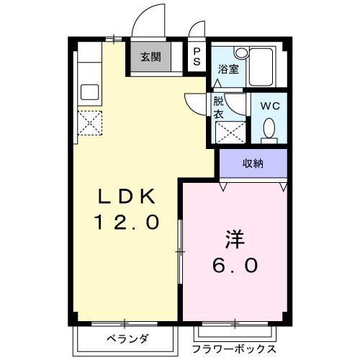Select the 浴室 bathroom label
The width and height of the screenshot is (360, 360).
(x=228, y=69)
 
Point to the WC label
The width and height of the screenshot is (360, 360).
(x=269, y=105)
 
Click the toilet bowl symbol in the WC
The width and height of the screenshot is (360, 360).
(x=269, y=129)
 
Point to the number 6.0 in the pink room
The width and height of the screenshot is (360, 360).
(x=235, y=265)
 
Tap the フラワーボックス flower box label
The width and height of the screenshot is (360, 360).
(x=233, y=348)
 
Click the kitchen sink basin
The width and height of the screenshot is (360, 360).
(x=89, y=92)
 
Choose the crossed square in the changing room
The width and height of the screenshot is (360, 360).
(x=228, y=132)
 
